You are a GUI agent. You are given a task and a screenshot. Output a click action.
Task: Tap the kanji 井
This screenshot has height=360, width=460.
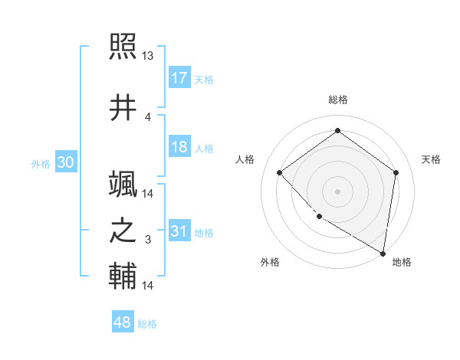tap(123, 107)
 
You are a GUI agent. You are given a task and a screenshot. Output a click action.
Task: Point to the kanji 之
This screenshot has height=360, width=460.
tap(123, 231)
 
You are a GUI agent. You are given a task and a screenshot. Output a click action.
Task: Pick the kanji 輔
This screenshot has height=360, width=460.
tap(123, 276)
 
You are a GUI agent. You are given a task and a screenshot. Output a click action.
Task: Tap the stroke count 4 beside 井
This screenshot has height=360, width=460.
tap(148, 116)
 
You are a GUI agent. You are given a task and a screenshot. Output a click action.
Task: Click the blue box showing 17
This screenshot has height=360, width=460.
tap(179, 77)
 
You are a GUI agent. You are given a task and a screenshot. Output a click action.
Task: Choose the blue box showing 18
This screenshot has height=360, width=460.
tap(179, 147)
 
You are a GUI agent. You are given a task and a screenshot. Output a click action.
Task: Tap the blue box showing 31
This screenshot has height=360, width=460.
tap(179, 231)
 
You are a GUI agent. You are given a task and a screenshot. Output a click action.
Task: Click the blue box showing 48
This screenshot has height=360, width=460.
tap(123, 322)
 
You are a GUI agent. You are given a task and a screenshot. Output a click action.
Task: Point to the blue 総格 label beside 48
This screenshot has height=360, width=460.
tap(147, 324)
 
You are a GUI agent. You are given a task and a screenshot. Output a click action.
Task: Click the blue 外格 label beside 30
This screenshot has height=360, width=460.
tap(41, 163)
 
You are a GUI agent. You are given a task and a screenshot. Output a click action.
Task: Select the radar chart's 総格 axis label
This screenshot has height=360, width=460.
tap(337, 100)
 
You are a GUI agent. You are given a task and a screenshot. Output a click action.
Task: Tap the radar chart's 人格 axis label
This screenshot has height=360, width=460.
tap(245, 159)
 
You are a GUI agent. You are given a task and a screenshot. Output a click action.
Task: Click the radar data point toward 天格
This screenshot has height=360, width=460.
tap(396, 172)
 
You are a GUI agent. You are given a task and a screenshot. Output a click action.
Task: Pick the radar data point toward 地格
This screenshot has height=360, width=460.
tap(383, 253)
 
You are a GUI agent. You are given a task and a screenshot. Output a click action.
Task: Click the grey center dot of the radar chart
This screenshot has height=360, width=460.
tap(337, 191)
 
